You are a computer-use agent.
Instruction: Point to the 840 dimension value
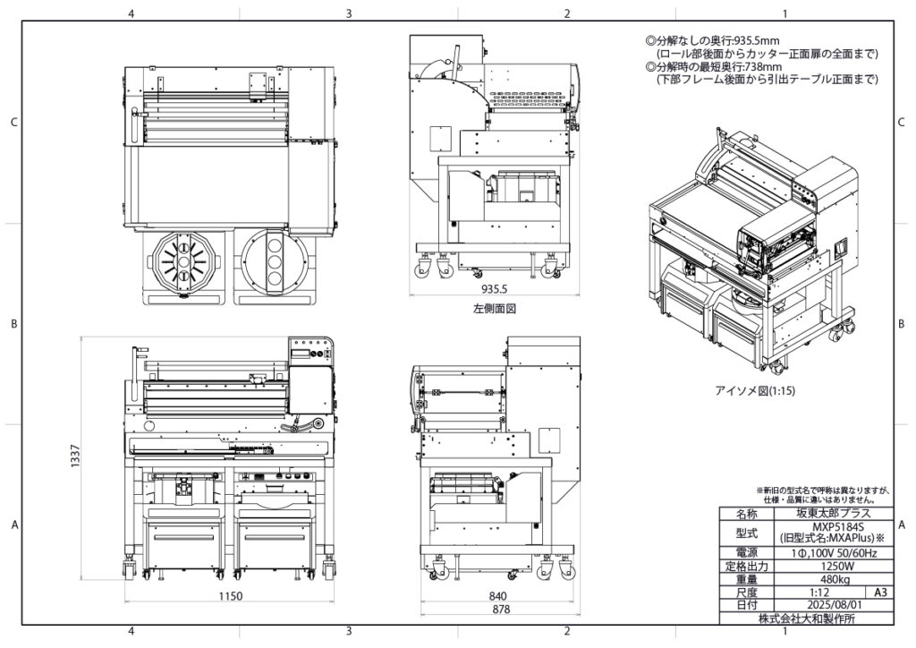[x=499, y=596]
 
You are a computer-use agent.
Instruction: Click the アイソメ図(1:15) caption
[x=755, y=391]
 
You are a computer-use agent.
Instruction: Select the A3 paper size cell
[x=880, y=593]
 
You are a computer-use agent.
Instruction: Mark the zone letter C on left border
[x=13, y=123]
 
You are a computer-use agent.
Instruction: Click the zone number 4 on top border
[x=131, y=13]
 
